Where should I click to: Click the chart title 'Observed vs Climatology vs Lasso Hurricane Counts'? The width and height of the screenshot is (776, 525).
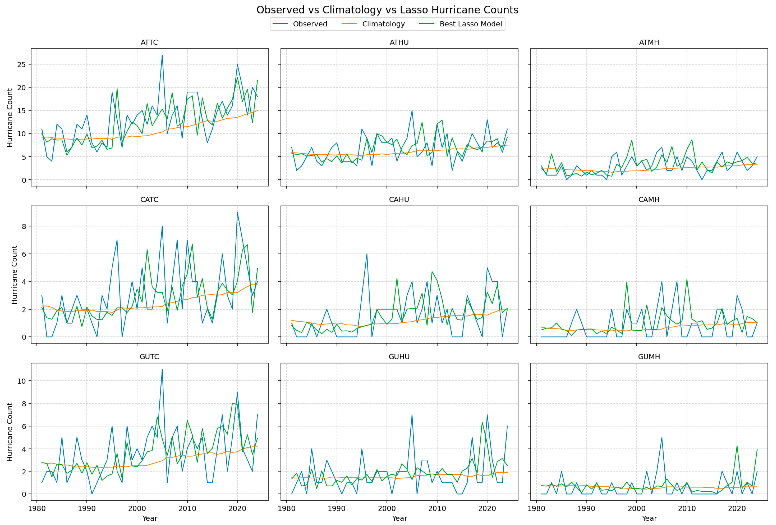point(387,10)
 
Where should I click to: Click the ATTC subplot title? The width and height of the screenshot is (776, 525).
point(149,42)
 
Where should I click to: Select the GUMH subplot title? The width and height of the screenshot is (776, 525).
point(649,357)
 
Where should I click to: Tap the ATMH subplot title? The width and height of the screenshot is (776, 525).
point(649,42)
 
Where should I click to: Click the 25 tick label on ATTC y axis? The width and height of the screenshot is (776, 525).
point(21,64)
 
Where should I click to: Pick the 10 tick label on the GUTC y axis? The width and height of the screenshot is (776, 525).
point(21,381)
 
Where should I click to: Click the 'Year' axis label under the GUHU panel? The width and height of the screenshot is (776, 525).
point(399,518)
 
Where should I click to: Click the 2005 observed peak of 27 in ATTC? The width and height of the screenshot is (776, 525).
point(162,55)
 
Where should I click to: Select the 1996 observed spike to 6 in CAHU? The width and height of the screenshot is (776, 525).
point(367,254)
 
